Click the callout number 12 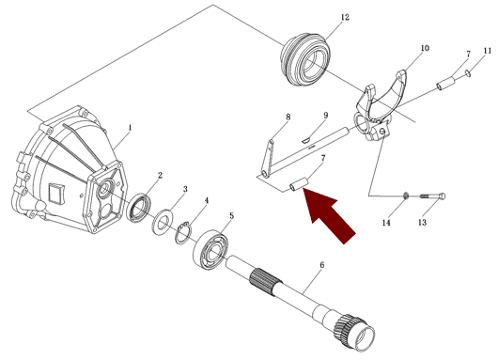point(345,17)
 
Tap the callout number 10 point(425,48)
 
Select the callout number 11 point(488,51)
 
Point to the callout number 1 point(130,128)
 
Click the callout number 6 point(322,265)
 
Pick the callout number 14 point(386,223)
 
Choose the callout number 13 point(422,222)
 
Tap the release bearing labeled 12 point(306,59)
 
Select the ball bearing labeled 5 point(210,250)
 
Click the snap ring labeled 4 point(183,233)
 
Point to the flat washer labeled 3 point(163,222)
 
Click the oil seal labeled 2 point(138,208)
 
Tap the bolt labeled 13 point(433,196)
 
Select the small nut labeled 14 point(406,196)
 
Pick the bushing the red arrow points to point(299,185)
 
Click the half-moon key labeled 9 point(306,139)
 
